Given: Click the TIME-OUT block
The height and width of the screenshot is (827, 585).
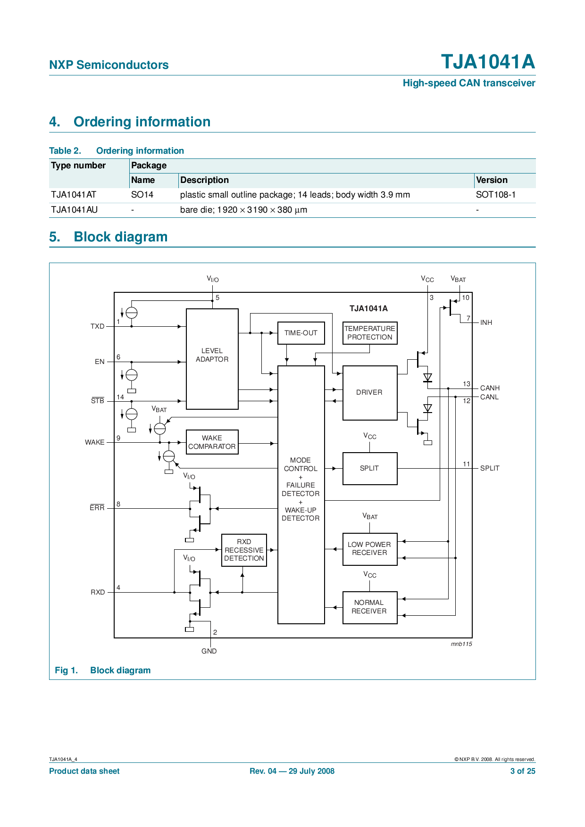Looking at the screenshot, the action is click(x=301, y=333).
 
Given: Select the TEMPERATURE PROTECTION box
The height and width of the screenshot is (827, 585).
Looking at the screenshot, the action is click(x=370, y=333).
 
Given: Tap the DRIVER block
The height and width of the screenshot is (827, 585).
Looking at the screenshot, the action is click(x=370, y=393).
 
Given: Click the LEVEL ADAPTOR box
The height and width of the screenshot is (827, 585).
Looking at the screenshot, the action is click(x=212, y=359).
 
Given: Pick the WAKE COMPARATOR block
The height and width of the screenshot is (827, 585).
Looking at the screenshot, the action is click(x=212, y=442).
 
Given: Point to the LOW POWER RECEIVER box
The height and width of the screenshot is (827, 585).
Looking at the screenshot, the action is click(x=370, y=549).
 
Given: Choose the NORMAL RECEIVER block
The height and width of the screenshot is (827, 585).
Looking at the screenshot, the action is click(x=370, y=607).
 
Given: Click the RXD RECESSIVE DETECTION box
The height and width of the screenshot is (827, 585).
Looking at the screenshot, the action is click(x=244, y=550).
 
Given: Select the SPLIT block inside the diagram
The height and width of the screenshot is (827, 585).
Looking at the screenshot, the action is click(x=370, y=468).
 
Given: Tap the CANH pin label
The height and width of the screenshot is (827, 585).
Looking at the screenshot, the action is click(x=490, y=388).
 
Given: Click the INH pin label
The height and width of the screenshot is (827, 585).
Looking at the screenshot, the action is click(x=486, y=323).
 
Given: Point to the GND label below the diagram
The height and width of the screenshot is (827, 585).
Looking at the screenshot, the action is click(x=209, y=651).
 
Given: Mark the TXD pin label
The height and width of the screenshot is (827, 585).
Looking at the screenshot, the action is click(x=98, y=326).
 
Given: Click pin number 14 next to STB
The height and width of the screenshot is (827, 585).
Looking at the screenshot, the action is click(x=120, y=397).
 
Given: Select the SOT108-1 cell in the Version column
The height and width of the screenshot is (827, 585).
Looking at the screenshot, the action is click(x=496, y=195).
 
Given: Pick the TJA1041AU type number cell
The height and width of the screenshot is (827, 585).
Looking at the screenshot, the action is click(x=75, y=210).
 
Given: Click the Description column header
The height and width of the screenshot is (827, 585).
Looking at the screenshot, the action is click(x=204, y=180).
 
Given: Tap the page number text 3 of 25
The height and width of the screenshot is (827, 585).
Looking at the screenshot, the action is click(x=523, y=771).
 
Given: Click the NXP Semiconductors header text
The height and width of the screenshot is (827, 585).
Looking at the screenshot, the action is click(x=109, y=65).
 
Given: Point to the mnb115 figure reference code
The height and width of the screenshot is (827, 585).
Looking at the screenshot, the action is click(x=461, y=644).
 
